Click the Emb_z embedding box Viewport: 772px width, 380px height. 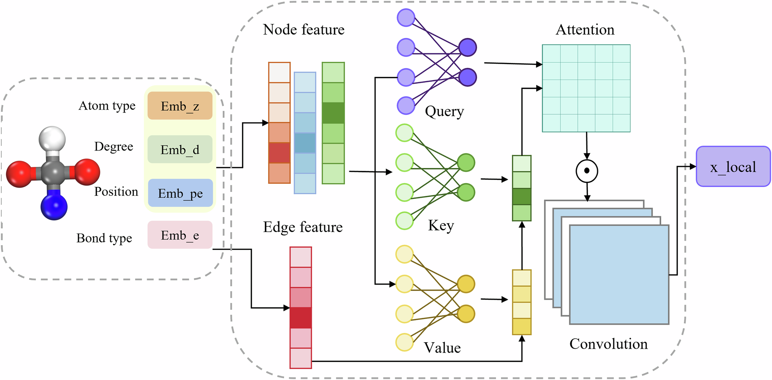pyautogui.click(x=180, y=105)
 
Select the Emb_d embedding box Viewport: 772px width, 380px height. pyautogui.click(x=180, y=149)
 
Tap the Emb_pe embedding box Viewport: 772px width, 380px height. pyautogui.click(x=180, y=193)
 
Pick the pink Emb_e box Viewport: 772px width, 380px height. pyautogui.click(x=180, y=235)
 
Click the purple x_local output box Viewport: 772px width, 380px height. pyautogui.click(x=733, y=166)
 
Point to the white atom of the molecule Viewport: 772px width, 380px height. pyautogui.click(x=52, y=139)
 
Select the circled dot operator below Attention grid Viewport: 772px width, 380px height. pyautogui.click(x=587, y=171)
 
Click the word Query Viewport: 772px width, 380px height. pyautogui.click(x=444, y=111)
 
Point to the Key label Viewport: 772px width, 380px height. pyautogui.click(x=441, y=225)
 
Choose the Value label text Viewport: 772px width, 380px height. pyautogui.click(x=442, y=348)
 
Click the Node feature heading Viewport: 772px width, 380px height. pyautogui.click(x=303, y=30)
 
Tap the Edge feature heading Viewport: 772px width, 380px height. pyautogui.click(x=303, y=227)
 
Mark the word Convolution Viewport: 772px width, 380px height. pyautogui.click(x=608, y=344)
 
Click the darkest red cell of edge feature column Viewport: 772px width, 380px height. pyautogui.click(x=301, y=318)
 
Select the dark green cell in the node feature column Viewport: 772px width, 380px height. pyautogui.click(x=333, y=113)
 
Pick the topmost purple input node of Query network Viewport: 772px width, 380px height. pyautogui.click(x=406, y=18)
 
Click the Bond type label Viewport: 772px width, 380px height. pyautogui.click(x=104, y=238)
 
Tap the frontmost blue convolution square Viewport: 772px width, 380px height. pyautogui.click(x=619, y=275)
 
